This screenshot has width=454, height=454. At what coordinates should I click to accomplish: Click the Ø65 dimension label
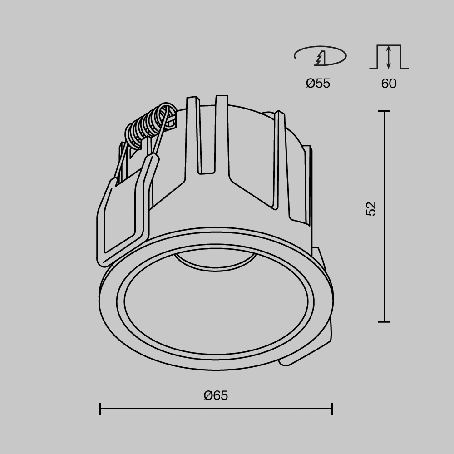[x=216, y=395]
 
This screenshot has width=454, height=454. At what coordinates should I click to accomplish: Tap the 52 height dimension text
[x=371, y=208]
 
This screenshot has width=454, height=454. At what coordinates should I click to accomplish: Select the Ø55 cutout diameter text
[x=318, y=84]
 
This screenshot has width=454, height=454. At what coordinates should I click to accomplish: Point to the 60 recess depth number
[x=389, y=84]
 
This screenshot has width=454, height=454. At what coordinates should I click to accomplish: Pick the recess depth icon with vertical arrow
[x=389, y=57]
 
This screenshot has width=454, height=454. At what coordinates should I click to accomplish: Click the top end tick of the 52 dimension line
[x=384, y=111]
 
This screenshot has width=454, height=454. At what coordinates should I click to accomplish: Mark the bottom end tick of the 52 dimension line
[x=384, y=321]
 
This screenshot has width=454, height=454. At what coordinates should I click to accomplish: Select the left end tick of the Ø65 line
[x=100, y=408]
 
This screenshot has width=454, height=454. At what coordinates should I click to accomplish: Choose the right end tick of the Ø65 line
[x=332, y=408]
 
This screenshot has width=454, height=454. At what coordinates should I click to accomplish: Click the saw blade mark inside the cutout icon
[x=321, y=58]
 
